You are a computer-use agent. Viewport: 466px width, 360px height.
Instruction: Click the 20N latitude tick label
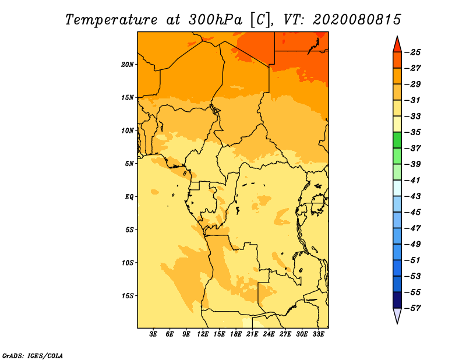(x=128, y=64)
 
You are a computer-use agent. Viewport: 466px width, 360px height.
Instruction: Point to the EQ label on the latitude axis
(x=129, y=196)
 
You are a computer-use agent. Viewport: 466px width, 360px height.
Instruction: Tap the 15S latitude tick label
(x=128, y=295)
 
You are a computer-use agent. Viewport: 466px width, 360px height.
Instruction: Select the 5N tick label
(x=130, y=163)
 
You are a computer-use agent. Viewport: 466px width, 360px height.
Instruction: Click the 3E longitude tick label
(x=154, y=334)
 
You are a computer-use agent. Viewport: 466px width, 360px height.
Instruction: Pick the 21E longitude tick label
(x=252, y=334)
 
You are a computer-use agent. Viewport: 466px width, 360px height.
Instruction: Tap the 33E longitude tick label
(x=318, y=334)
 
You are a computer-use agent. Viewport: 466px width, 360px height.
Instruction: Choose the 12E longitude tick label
(x=203, y=334)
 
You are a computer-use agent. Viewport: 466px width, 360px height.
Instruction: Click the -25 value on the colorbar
(x=414, y=52)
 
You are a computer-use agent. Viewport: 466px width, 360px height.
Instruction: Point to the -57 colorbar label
(x=414, y=308)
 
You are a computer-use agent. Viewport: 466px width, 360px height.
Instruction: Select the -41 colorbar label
(x=414, y=180)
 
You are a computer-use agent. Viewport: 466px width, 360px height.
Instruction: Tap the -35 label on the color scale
(x=414, y=132)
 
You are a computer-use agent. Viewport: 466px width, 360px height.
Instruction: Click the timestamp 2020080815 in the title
(x=356, y=19)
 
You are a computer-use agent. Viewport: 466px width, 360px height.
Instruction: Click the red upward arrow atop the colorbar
(x=397, y=43)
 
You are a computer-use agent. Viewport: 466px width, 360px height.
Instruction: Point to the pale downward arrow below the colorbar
(x=397, y=316)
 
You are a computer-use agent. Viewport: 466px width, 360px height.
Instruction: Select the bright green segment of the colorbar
(x=397, y=140)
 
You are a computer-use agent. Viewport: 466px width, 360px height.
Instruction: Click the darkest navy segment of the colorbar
(x=397, y=300)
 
